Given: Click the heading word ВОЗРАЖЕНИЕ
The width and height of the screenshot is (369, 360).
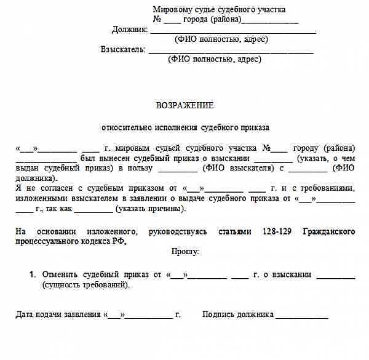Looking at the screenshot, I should coord(184,105).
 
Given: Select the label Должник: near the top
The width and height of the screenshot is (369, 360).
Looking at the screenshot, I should coord(130,29).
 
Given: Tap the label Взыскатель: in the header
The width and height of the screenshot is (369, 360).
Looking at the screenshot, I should coord(124,49).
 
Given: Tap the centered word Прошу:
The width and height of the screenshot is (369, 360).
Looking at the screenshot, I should coord(185,251).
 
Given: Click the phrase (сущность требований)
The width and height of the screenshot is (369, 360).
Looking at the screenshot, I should coord(87,286).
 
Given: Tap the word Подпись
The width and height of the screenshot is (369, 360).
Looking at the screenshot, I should coord(220,314).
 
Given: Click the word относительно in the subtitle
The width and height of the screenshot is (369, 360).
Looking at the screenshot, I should coord(126,128).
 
